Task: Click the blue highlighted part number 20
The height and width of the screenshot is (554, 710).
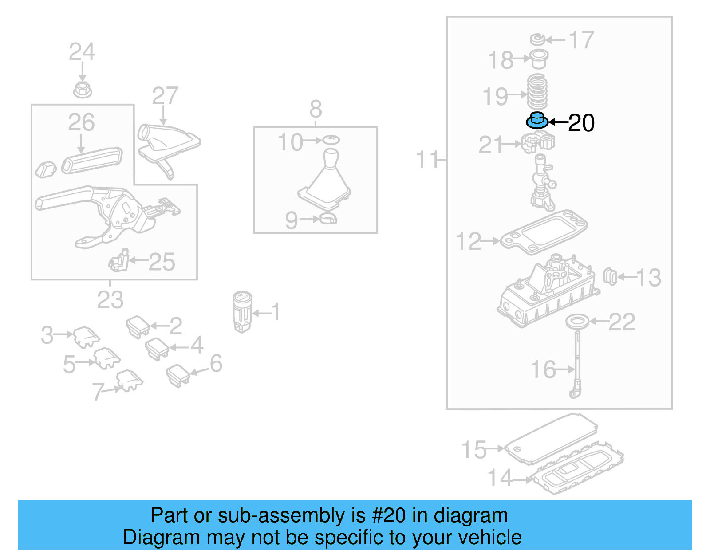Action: [x=537, y=120]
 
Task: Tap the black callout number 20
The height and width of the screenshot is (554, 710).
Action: [x=581, y=123]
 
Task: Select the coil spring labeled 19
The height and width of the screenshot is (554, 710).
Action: [x=537, y=92]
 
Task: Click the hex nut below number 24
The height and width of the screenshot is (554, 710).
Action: [x=83, y=90]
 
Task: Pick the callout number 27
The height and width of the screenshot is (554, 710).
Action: [x=165, y=96]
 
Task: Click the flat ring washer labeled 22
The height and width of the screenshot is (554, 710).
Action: [x=577, y=322]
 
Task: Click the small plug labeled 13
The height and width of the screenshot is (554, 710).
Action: [x=610, y=277]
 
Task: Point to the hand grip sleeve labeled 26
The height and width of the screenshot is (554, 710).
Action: [x=92, y=161]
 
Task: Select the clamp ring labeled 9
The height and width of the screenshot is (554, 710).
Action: [x=328, y=219]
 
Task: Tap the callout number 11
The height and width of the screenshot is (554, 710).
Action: [x=426, y=159]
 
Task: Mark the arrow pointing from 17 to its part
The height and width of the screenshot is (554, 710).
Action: [x=554, y=40]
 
